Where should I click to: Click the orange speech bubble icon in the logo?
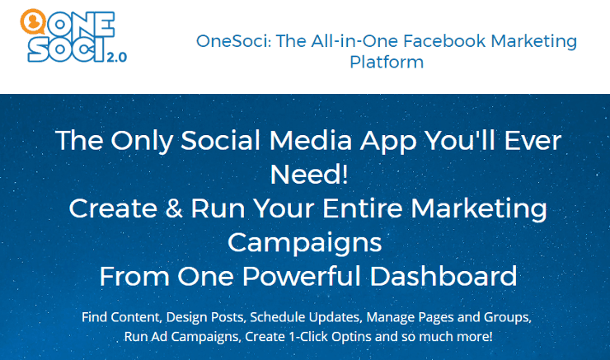pos(33,21)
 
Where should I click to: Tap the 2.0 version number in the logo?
pos(117,58)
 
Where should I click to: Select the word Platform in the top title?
pos(387,62)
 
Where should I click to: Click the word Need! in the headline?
pos(309,174)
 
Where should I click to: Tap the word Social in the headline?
pos(221,140)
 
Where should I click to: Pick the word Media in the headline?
pos(311,140)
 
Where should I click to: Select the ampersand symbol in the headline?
pos(173,208)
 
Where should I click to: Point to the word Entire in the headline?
pos(362,208)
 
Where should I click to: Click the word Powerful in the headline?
pos(302,276)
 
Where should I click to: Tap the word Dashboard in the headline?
pos(443,276)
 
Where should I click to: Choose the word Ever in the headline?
pos(533,140)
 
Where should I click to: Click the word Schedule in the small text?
pos(278,317)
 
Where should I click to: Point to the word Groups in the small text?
pos(507,318)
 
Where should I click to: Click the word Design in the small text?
pos(185,318)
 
